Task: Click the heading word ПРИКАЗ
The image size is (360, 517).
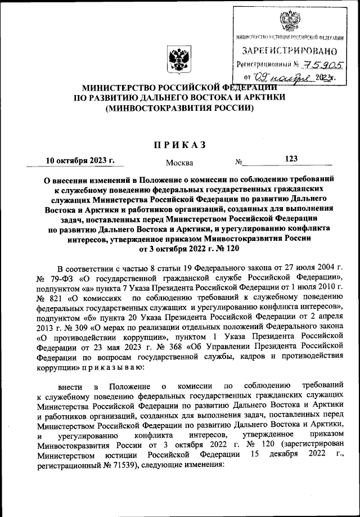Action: [180, 145]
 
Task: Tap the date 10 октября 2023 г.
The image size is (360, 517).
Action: [80, 160]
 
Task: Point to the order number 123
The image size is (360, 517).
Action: [291, 159]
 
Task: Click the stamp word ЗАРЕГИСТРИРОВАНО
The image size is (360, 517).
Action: [290, 51]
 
